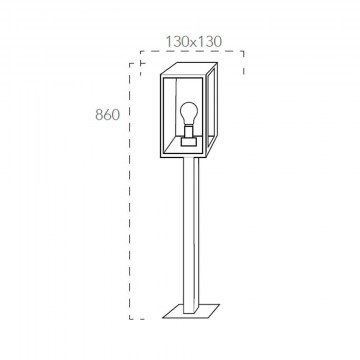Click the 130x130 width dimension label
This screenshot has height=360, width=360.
[194, 42]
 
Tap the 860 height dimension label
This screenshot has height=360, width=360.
[107, 115]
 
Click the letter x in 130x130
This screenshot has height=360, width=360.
[194, 43]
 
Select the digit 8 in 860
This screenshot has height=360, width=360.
[99, 115]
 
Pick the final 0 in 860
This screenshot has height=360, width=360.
[115, 115]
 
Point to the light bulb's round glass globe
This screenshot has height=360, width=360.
[189, 113]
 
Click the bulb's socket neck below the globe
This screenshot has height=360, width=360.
[189, 131]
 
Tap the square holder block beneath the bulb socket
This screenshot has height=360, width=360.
[189, 142]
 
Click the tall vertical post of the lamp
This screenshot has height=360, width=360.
[191, 235]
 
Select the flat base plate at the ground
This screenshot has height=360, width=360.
[191, 311]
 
